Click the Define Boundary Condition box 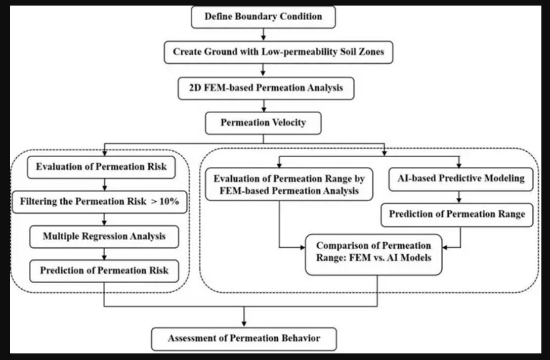click(x=263, y=17)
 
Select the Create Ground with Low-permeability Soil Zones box click(x=278, y=52)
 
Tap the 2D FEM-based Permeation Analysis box click(x=266, y=88)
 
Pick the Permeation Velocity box click(x=263, y=123)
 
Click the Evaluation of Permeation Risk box click(x=101, y=167)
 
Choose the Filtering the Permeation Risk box click(x=100, y=202)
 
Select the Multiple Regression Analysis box click(x=104, y=237)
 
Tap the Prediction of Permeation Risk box click(x=104, y=271)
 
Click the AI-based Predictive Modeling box click(x=461, y=179)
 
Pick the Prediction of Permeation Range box click(x=457, y=214)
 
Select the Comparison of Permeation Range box click(x=373, y=254)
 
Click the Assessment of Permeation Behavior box click(x=244, y=339)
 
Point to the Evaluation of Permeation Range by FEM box click(x=289, y=185)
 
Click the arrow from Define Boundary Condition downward click(x=264, y=34)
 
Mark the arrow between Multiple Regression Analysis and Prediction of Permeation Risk click(x=104, y=254)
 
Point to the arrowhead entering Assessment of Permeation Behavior click(x=244, y=324)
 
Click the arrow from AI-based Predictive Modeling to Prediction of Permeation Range click(x=459, y=197)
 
